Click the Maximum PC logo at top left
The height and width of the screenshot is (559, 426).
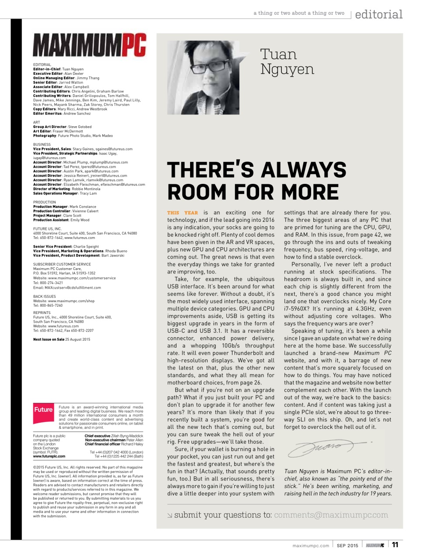pyautogui.click(x=89, y=45)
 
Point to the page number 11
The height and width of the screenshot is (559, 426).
pyautogui.click(x=395, y=545)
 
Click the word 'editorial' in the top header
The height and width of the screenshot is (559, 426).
pyautogui.click(x=378, y=14)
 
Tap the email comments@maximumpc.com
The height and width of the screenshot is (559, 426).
pyautogui.click(x=331, y=515)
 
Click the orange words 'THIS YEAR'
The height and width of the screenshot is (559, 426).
pyautogui.click(x=182, y=213)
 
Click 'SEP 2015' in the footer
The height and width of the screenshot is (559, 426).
pyautogui.click(x=347, y=545)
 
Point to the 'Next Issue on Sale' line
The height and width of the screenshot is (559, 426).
pyautogui.click(x=62, y=339)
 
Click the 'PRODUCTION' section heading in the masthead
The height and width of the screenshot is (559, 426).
pyautogui.click(x=45, y=202)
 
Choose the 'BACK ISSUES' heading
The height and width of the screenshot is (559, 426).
pyautogui.click(x=45, y=297)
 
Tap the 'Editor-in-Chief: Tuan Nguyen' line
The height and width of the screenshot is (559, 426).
pyautogui.click(x=58, y=69)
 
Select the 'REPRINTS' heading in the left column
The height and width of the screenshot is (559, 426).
pyautogui.click(x=42, y=313)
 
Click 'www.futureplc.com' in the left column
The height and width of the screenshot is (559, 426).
pyautogui.click(x=49, y=456)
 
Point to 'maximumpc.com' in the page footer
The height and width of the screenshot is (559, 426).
pyautogui.click(x=311, y=545)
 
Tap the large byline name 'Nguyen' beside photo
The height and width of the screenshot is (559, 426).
pyautogui.click(x=287, y=69)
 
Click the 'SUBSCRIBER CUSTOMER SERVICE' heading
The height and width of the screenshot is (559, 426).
pyautogui.click(x=62, y=264)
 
